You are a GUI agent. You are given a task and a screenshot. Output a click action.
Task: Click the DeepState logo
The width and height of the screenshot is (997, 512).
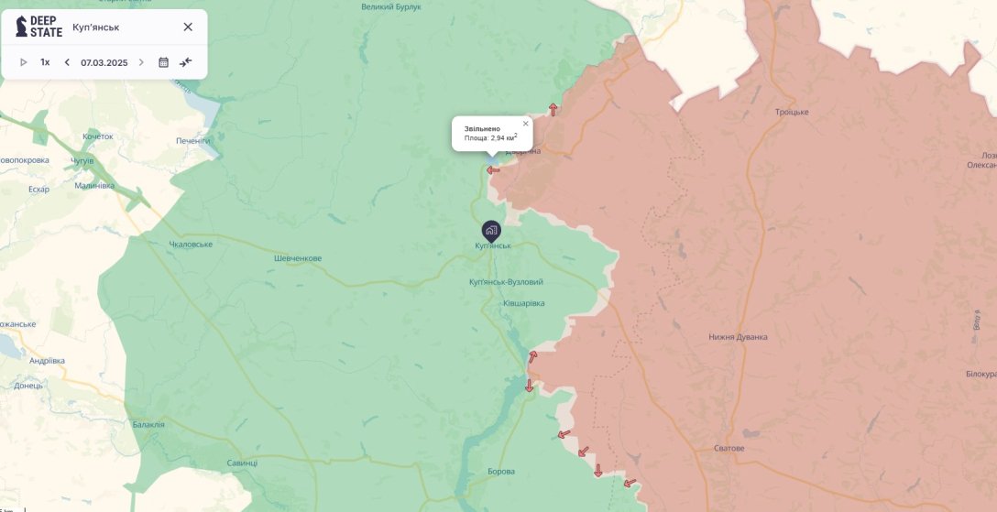click(38, 27)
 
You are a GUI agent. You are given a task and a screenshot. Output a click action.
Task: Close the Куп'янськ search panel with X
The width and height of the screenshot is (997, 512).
click(188, 27)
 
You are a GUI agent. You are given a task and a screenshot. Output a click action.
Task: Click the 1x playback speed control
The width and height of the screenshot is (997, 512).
click(45, 62)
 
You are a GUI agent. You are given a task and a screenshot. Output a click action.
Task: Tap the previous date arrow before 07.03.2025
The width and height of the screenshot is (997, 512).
click(67, 62)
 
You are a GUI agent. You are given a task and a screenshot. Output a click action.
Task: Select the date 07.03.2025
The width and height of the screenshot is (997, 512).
click(104, 62)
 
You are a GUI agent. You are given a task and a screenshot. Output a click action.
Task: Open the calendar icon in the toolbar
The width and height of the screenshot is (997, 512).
click(163, 62)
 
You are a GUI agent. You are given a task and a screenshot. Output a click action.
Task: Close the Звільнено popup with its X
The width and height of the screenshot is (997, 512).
click(526, 123)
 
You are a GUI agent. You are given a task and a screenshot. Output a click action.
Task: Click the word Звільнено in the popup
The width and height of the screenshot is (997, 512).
click(482, 129)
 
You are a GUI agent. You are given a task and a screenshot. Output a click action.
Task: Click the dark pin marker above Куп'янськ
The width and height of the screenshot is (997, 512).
click(491, 230)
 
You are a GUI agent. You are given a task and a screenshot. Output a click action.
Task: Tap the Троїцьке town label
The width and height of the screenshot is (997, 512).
click(792, 112)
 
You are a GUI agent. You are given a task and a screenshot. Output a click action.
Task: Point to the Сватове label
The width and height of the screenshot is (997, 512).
click(729, 449)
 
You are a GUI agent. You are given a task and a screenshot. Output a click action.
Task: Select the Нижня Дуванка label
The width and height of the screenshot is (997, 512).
click(738, 337)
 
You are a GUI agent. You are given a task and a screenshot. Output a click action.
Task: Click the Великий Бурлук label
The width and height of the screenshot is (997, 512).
click(391, 6)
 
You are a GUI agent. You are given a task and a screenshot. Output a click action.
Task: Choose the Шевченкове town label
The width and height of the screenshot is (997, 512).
click(298, 258)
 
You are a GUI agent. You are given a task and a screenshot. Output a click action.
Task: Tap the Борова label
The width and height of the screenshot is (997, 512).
click(501, 472)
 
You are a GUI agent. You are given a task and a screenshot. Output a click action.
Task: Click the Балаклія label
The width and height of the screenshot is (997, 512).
click(148, 424)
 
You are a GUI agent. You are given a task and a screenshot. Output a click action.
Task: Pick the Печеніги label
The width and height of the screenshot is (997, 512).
click(193, 141)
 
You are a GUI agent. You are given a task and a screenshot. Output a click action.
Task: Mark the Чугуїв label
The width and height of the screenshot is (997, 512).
click(82, 160)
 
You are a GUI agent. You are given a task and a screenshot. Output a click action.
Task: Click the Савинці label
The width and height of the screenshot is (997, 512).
click(243, 463)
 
